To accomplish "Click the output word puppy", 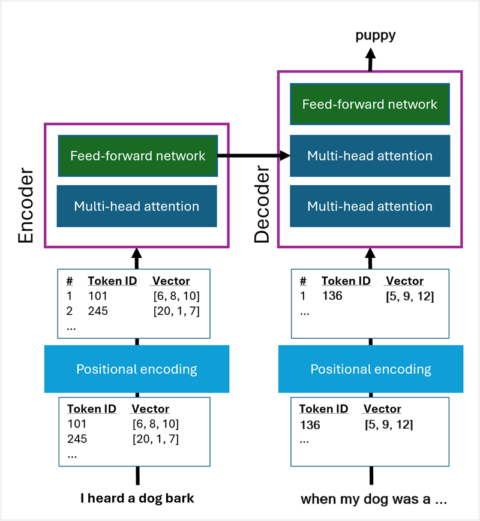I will tap(375, 35).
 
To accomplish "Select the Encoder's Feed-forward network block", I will tap(137, 156).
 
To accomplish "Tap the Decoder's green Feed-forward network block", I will tap(370, 104).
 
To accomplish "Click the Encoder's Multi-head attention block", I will tap(137, 206).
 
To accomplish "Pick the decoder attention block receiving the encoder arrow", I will tap(370, 156).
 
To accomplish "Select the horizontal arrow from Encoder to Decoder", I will tap(253, 156).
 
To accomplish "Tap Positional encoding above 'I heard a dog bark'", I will tap(137, 369).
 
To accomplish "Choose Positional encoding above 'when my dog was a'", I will tap(370, 369).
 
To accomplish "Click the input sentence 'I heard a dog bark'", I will tap(137, 498).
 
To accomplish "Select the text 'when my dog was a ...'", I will tap(373, 499).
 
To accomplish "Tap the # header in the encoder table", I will tap(70, 281).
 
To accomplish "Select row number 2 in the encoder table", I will tap(70, 311).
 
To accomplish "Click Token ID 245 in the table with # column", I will tap(98, 311).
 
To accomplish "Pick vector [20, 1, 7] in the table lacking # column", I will tap(155, 439).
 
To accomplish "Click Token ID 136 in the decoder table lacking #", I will tap(310, 425).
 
